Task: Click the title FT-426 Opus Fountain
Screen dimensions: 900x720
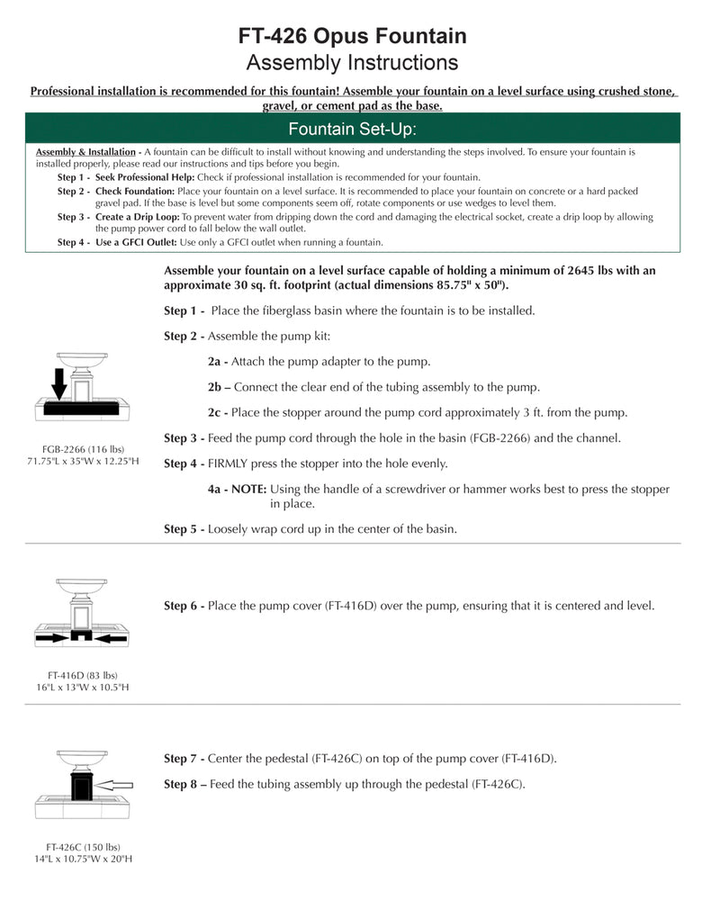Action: point(352,36)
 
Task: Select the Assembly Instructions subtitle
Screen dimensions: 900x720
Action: point(352,63)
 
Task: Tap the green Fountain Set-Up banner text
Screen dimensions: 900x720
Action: point(352,129)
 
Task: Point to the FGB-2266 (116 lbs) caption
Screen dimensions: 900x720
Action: point(83,449)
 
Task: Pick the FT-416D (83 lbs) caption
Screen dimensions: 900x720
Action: point(83,675)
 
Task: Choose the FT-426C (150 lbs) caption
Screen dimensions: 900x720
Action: point(83,847)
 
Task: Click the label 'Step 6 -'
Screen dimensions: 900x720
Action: point(184,607)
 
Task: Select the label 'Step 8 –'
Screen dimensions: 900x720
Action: point(184,784)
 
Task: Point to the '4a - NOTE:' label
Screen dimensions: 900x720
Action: point(237,490)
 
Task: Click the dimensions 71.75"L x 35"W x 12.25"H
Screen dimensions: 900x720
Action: point(83,462)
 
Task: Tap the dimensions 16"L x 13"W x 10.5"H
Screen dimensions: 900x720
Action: point(83,688)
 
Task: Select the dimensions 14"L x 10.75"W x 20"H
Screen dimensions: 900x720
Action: point(83,859)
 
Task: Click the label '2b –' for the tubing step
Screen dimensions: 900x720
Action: point(220,387)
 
